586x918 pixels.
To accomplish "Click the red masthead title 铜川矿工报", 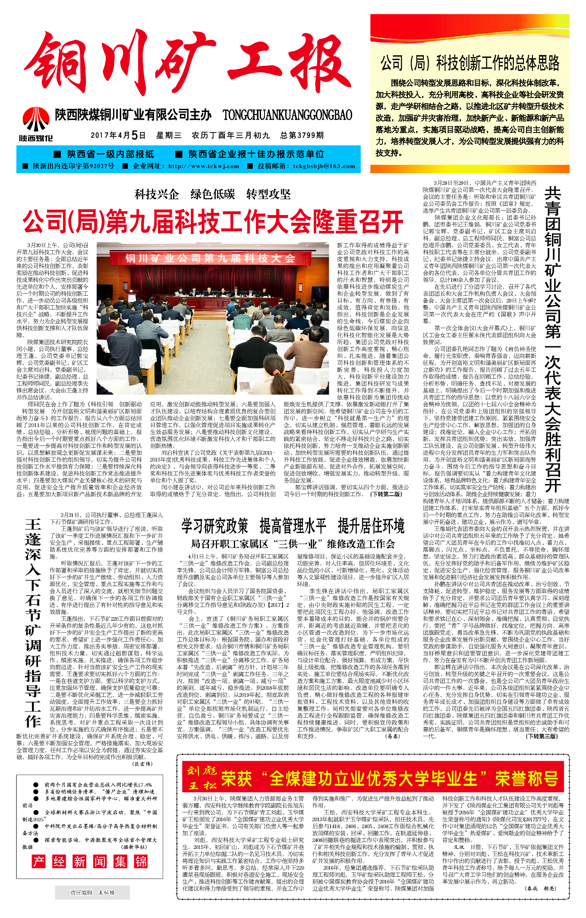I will point(188,65).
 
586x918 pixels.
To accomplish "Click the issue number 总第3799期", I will point(302,136).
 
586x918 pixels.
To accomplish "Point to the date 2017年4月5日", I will point(118,136).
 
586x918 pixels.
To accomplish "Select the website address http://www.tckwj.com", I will point(204,166).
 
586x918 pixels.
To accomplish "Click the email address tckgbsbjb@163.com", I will point(324,166).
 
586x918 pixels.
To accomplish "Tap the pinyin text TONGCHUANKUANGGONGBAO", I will point(287,115).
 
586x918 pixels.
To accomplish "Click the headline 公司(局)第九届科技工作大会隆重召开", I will point(213,222).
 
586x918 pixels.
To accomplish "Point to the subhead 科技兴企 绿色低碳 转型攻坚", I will point(213,194).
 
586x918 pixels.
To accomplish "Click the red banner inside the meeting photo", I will point(210,258).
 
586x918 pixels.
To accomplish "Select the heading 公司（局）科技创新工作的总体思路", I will point(469,63).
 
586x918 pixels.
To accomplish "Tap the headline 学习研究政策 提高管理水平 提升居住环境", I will point(293,526).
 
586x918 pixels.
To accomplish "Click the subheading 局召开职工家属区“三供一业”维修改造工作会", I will point(293,544).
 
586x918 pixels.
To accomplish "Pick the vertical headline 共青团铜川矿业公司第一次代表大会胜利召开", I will point(553,339).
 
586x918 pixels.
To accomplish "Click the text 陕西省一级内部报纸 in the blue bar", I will point(110,154).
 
